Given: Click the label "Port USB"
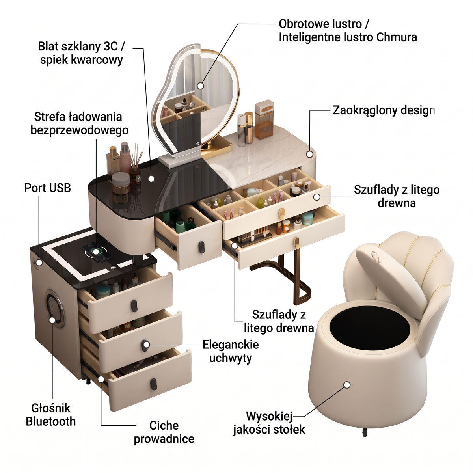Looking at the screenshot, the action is [x=47, y=188].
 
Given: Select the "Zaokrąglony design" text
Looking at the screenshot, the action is [x=384, y=111].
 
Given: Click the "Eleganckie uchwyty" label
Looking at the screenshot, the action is [x=231, y=351].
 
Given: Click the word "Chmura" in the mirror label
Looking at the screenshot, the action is [x=397, y=37].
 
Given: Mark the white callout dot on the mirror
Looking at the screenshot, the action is [x=201, y=86].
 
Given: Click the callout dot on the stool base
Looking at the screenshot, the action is [x=346, y=392].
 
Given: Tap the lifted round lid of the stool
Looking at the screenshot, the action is [x=391, y=279].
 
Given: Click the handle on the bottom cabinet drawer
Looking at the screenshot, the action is [x=154, y=384].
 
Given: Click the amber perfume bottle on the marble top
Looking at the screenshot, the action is [x=264, y=119].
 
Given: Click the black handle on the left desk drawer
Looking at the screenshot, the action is [x=201, y=247].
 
